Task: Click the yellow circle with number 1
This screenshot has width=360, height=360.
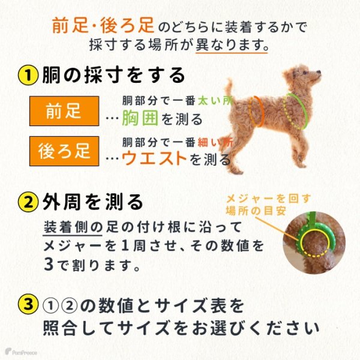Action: (29, 76)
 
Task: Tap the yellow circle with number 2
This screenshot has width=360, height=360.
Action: (29, 202)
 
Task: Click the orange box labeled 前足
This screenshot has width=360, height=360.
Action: (64, 110)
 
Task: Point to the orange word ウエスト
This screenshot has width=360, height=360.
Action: (155, 158)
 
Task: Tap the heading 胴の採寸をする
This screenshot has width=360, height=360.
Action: (113, 76)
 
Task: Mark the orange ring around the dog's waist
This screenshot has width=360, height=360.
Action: (259, 110)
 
